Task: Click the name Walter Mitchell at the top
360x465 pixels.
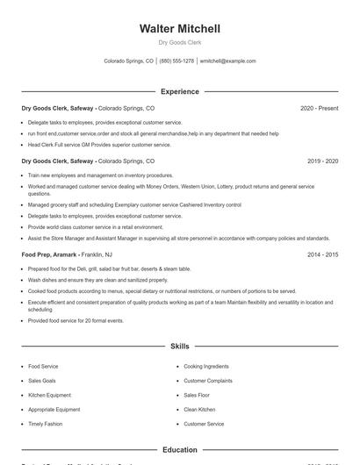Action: click(x=179, y=29)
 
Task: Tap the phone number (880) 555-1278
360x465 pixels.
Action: click(x=176, y=61)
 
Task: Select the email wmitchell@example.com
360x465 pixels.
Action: click(x=227, y=61)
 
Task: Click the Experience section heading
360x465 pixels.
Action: click(x=179, y=91)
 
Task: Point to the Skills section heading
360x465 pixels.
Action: click(x=179, y=347)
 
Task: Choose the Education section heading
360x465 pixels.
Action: click(x=179, y=450)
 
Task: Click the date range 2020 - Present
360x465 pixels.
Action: click(x=319, y=108)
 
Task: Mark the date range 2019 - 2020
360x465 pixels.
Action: click(x=322, y=161)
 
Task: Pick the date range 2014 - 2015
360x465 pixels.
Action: click(x=322, y=254)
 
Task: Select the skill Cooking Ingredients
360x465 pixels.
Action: click(x=205, y=366)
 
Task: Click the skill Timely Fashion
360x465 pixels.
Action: click(x=46, y=424)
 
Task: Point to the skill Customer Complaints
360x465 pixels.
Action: click(x=208, y=381)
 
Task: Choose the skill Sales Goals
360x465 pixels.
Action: click(x=42, y=381)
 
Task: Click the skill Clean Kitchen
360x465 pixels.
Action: click(x=199, y=410)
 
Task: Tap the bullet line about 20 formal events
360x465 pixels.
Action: click(x=76, y=321)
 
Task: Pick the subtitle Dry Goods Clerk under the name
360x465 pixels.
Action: click(x=179, y=43)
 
